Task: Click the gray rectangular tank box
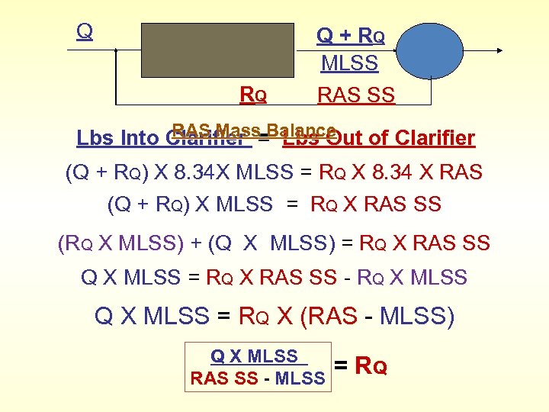tap(217, 50)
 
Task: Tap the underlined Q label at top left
tap(85, 31)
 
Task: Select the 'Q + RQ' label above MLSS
tap(351, 36)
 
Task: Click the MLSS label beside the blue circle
tap(349, 63)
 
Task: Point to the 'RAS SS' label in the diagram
tap(356, 95)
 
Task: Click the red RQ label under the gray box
tap(253, 95)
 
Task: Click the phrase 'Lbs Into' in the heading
tap(118, 138)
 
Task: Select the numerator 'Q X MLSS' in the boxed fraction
tap(254, 356)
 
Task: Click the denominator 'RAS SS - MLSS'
tap(258, 378)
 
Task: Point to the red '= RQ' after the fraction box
tap(361, 366)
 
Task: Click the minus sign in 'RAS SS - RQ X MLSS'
tap(345, 278)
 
